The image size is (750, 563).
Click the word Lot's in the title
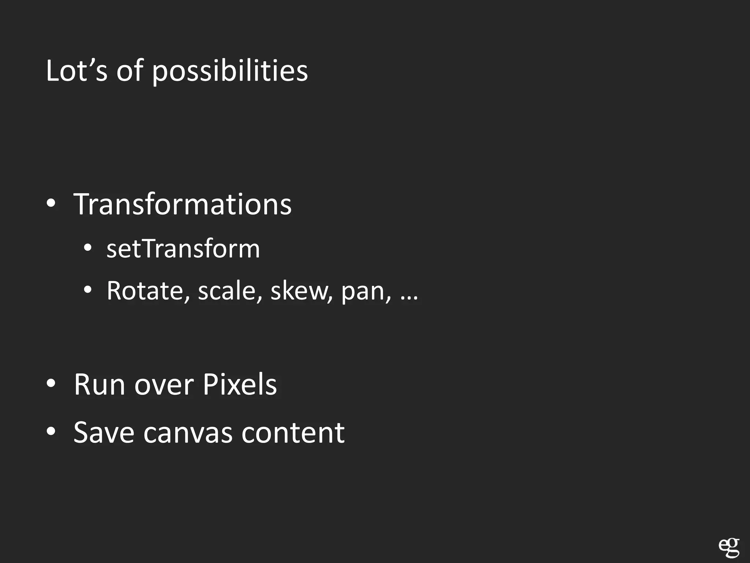[x=77, y=71]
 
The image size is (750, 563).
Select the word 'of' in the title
[x=129, y=71]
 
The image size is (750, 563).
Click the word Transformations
[x=182, y=204]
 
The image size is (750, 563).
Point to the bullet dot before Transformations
[x=51, y=203]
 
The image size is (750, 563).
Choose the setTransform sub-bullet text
[x=183, y=249]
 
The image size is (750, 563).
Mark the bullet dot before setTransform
[x=88, y=248]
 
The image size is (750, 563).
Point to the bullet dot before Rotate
[x=88, y=290]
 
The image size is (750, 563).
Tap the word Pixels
[x=240, y=384]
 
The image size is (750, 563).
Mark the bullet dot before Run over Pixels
[x=51, y=383]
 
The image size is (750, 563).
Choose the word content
[x=293, y=433]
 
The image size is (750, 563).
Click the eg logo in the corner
[x=729, y=548]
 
